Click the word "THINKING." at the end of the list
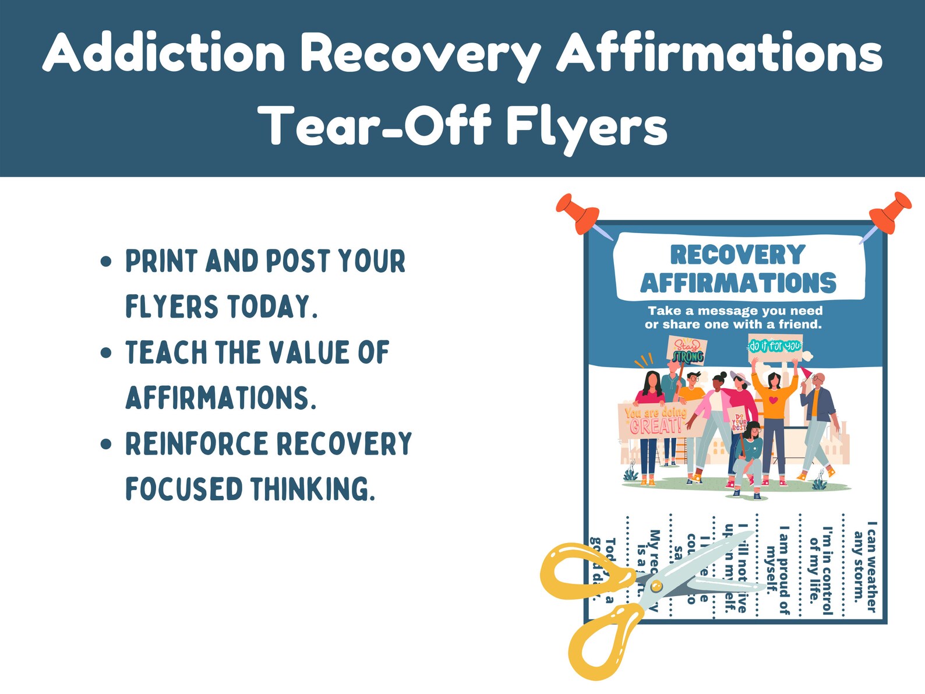click(313, 489)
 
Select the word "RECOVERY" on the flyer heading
click(737, 255)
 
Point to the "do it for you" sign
click(775, 347)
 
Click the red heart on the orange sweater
click(772, 400)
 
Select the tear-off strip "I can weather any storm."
click(864, 566)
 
